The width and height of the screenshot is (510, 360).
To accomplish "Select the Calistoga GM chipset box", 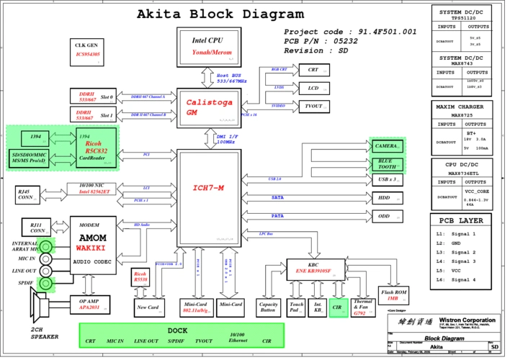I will tap(207, 107).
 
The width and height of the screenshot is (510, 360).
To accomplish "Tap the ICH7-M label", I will tap(208, 188).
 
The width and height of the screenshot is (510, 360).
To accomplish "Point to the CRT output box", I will tap(313, 70).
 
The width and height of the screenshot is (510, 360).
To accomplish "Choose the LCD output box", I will tap(313, 89).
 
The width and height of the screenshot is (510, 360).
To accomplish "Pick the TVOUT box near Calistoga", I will tap(314, 107).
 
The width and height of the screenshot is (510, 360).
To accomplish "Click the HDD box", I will tap(385, 197).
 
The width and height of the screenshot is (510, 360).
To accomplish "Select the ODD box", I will tap(385, 216).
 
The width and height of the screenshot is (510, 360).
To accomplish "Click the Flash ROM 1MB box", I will tap(393, 295).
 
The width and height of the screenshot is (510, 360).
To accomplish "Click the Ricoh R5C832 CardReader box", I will tap(97, 147).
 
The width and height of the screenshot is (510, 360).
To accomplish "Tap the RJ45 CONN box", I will tap(27, 194).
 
